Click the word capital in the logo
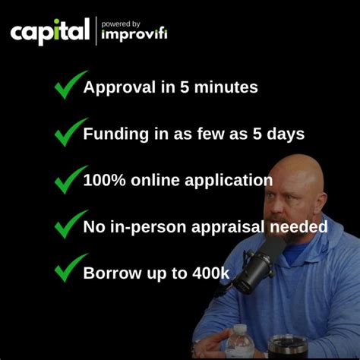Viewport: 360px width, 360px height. pyautogui.click(x=49, y=32)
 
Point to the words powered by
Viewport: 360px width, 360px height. pyautogui.click(x=121, y=23)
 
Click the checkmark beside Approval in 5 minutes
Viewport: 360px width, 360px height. pyautogui.click(x=70, y=86)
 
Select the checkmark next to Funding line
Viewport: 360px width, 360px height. pyautogui.click(x=70, y=133)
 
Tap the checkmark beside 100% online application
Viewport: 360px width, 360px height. pyautogui.click(x=70, y=179)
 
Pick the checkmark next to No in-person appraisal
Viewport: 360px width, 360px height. pyautogui.click(x=70, y=226)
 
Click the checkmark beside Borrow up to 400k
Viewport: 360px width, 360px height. pyautogui.click(x=70, y=270)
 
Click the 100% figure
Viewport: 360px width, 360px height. pyautogui.click(x=104, y=180)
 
